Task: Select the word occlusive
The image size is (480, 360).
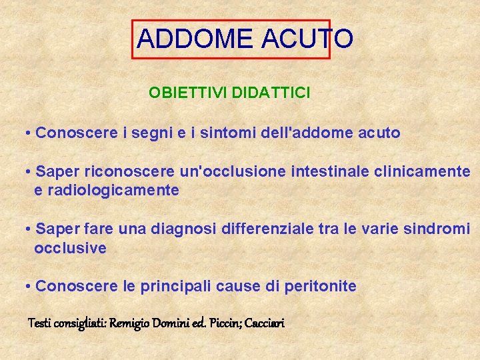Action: click(x=70, y=248)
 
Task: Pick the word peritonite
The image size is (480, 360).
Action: click(x=320, y=287)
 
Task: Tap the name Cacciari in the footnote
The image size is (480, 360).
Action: click(x=265, y=324)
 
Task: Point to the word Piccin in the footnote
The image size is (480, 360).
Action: click(x=225, y=324)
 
